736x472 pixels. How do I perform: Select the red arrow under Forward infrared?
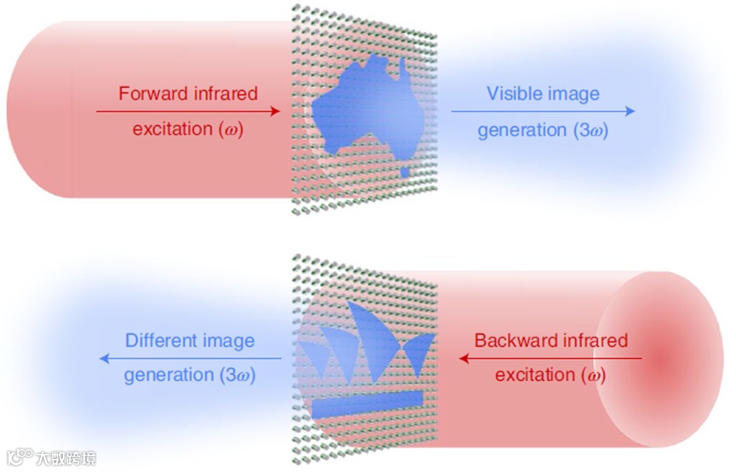click(188, 111)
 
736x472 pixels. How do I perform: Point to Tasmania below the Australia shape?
click(406, 173)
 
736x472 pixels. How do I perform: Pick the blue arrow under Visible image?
click(542, 111)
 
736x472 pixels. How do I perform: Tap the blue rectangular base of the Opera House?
click(367, 406)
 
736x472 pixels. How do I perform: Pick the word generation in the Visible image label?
click(522, 131)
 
